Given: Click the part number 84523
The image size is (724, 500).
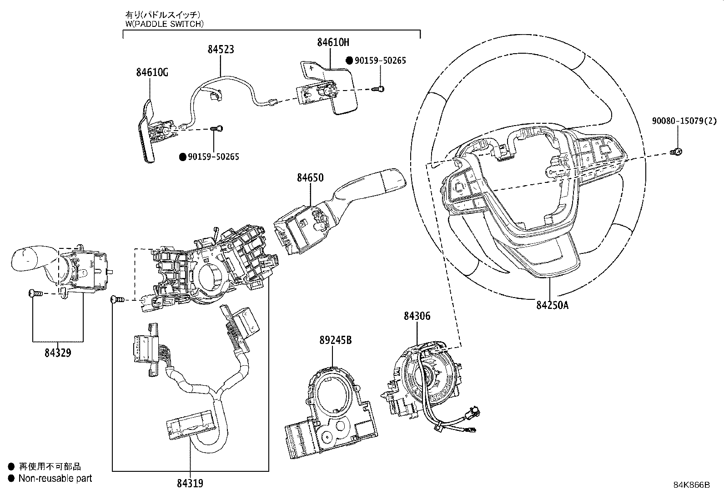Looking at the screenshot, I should click(221, 49).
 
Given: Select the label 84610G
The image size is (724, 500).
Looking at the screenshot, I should click(152, 72).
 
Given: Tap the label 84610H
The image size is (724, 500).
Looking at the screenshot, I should click(333, 42).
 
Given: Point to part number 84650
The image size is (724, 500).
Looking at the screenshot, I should click(310, 177).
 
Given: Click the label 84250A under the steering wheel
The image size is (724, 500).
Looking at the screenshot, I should click(552, 305).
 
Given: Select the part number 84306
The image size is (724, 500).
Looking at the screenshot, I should click(417, 316).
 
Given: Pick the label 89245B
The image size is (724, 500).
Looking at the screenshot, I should click(335, 340).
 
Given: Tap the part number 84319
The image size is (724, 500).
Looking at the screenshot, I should click(190, 483).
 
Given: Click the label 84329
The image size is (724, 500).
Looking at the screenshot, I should click(58, 352).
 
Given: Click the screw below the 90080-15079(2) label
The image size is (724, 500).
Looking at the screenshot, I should click(676, 152).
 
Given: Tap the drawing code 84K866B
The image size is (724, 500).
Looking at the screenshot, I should click(691, 485).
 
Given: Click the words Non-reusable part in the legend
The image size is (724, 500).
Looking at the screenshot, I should click(55, 478).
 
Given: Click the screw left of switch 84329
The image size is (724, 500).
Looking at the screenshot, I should click(33, 294).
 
